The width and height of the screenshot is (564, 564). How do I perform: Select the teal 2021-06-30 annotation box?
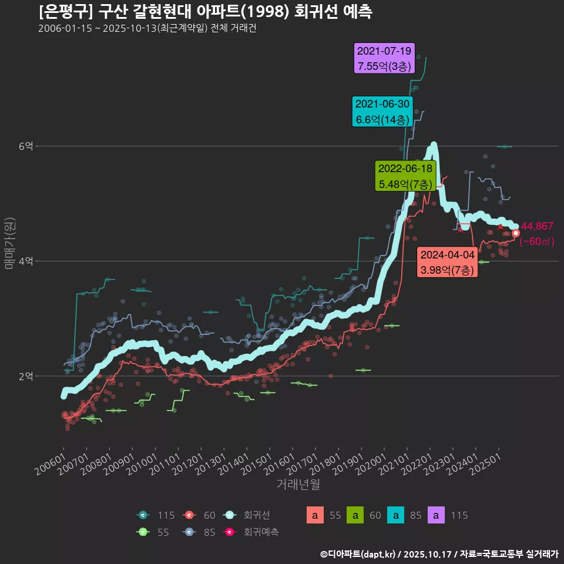382,112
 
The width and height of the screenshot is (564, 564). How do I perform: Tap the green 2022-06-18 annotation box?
405,176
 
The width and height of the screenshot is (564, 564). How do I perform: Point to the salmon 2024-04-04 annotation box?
447,263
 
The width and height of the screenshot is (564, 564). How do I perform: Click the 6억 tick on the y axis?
25,146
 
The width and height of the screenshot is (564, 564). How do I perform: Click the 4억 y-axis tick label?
25,261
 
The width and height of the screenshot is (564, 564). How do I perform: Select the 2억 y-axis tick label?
25,376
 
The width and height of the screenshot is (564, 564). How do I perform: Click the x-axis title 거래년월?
298,485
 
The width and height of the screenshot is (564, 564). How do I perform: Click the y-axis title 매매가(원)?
9,243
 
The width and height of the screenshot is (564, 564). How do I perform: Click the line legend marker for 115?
143,515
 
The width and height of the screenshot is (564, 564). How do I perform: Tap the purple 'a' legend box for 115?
439,515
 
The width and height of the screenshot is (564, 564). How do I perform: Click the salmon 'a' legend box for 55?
315,515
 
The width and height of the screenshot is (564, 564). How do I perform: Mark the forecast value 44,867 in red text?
537,227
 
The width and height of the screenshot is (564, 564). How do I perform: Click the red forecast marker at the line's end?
516,233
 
